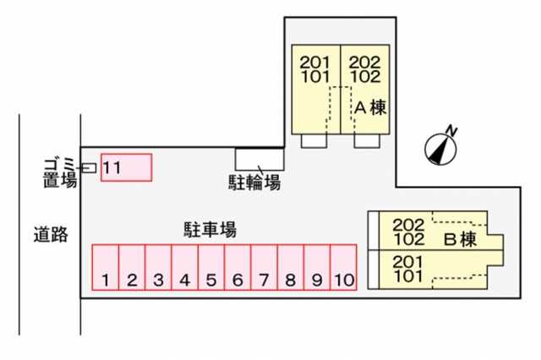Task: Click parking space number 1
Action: pyautogui.click(x=106, y=267)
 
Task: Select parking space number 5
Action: pyautogui.click(x=211, y=267)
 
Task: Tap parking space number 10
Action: pyautogui.click(x=343, y=267)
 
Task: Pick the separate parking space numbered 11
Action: pyautogui.click(x=126, y=167)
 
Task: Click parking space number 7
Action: pyautogui.click(x=264, y=267)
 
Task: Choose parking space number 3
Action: pyautogui.click(x=158, y=267)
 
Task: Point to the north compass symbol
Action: pyautogui.click(x=440, y=149)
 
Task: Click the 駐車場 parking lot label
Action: pyautogui.click(x=210, y=229)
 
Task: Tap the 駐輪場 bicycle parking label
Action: pyautogui.click(x=254, y=182)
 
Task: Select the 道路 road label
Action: pyautogui.click(x=51, y=234)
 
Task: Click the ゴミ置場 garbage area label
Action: pyautogui.click(x=60, y=172)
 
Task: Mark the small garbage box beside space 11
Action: pyautogui.click(x=89, y=168)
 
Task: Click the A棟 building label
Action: pyautogui.click(x=370, y=107)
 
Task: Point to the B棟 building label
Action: pyautogui.click(x=460, y=239)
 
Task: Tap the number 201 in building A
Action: pyautogui.click(x=314, y=63)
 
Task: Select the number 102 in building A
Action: pyautogui.click(x=365, y=77)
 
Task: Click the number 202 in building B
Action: pyautogui.click(x=408, y=225)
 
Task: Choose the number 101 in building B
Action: pyautogui.click(x=408, y=276)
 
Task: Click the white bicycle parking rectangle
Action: pyautogui.click(x=260, y=160)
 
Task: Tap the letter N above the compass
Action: pyautogui.click(x=451, y=131)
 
